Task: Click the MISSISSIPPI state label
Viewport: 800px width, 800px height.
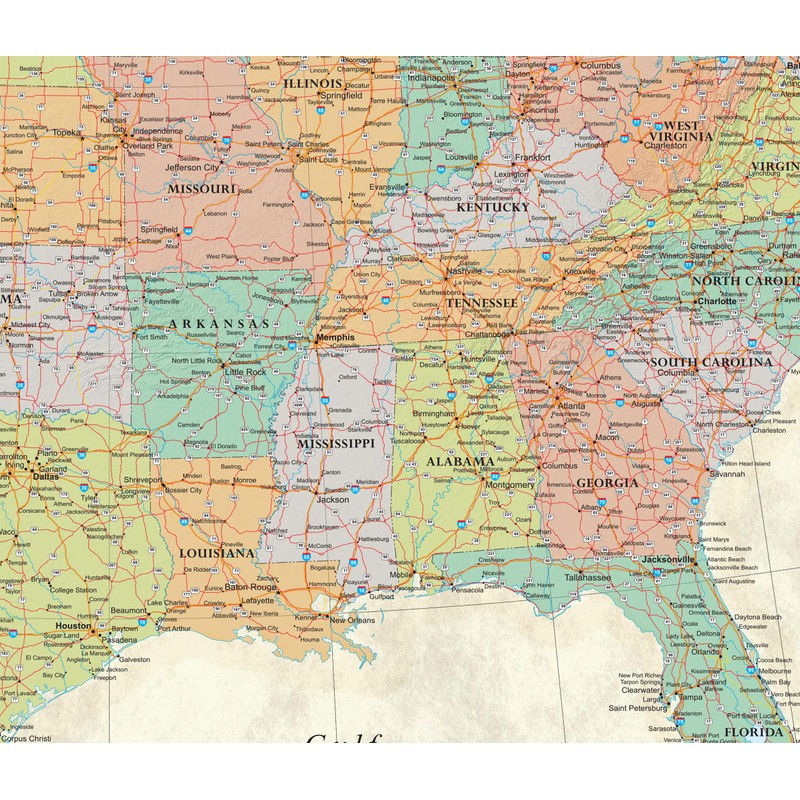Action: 335,442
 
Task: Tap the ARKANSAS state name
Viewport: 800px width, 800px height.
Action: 219,324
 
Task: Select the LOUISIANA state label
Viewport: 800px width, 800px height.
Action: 217,552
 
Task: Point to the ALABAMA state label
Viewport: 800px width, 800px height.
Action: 459,462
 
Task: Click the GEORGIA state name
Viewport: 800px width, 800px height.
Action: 606,483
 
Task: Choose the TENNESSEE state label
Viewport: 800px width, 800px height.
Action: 482,302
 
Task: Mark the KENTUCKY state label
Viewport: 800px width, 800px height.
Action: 493,207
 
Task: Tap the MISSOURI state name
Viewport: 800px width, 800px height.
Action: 201,188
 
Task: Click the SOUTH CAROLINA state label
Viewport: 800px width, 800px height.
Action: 711,362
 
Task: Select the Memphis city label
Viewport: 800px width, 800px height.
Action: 336,338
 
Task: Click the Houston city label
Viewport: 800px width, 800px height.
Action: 73,625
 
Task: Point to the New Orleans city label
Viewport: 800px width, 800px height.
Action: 352,620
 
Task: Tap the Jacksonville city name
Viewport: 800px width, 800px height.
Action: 668,559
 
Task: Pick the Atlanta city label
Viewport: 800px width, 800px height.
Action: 572,406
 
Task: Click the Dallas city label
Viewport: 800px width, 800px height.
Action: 45,477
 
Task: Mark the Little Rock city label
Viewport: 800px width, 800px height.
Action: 246,371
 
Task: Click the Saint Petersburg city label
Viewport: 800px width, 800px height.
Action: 636,709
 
